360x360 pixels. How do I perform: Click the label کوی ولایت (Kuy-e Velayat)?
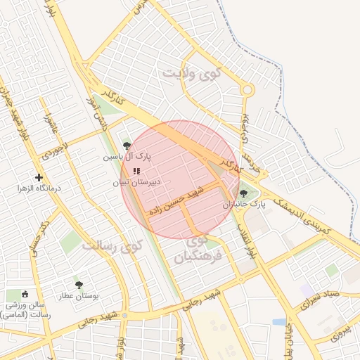coord(192,72)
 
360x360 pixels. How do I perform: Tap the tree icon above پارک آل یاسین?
coord(127,145)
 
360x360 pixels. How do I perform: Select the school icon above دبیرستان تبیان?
coord(136,170)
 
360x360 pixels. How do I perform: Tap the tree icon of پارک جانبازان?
coord(244,193)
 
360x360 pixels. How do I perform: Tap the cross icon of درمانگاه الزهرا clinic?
coord(38,177)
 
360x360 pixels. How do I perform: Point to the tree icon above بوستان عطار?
coord(78,285)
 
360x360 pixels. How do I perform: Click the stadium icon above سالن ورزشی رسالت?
coord(26,294)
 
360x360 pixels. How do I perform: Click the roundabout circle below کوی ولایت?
coord(247,90)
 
